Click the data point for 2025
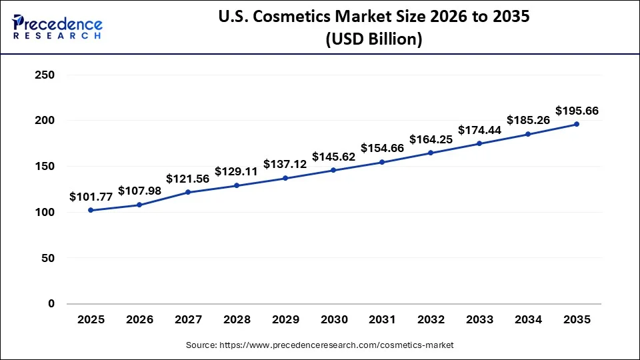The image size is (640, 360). [91, 210]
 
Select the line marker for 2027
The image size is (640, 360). [188, 192]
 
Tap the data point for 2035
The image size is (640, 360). [577, 124]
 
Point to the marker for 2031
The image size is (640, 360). [382, 162]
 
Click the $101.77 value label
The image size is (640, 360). [91, 197]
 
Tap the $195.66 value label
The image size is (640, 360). [577, 111]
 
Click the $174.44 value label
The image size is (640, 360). [479, 129]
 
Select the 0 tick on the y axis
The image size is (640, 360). [51, 304]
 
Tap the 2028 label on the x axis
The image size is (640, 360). [237, 320]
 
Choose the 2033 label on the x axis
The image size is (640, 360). [479, 320]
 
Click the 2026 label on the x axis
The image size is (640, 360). [139, 320]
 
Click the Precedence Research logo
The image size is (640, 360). [57, 27]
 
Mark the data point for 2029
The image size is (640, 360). [285, 178]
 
